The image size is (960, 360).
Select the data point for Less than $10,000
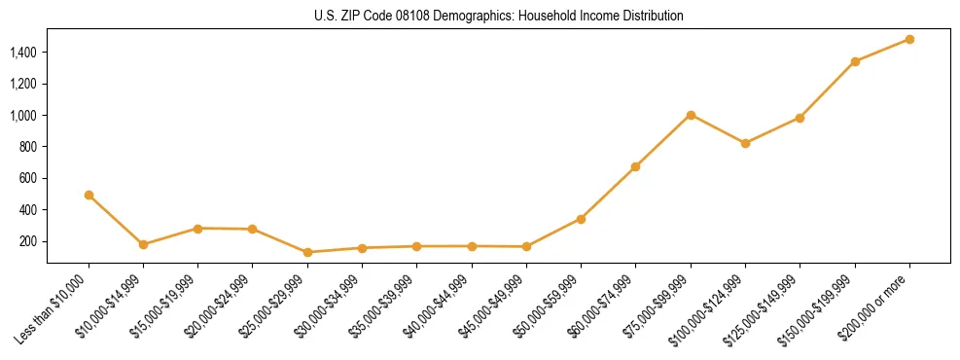89,195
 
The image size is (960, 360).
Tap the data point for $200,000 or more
909,39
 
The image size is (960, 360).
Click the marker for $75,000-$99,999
691,115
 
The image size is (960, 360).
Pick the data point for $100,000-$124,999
745,143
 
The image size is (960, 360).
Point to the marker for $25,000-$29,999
307,252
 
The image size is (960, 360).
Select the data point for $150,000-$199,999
855,61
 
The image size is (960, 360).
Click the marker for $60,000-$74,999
635,166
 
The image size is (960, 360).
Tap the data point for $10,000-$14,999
143,244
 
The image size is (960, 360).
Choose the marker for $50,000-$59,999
581,219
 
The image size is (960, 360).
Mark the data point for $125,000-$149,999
800,118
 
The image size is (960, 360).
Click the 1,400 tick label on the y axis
23,53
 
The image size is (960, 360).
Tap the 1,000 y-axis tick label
23,116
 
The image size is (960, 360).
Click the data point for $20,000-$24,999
253,229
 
